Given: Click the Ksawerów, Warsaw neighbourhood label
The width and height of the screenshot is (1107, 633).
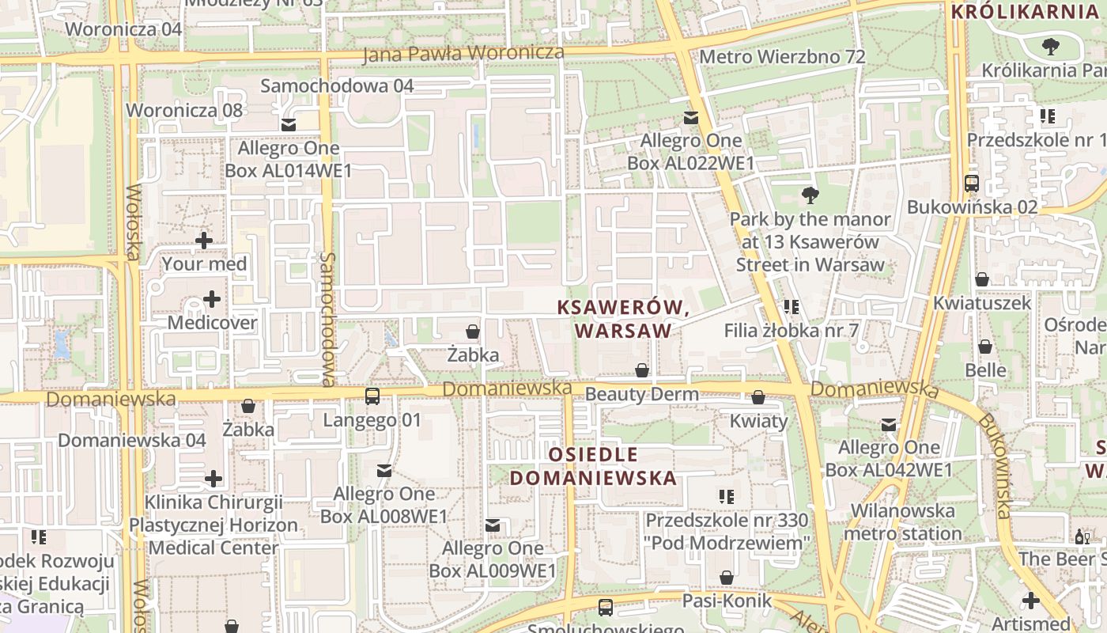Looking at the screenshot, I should click(x=622, y=319).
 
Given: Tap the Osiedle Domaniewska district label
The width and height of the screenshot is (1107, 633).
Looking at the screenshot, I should click(x=593, y=466).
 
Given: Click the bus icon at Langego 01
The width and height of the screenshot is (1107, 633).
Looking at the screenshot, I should click(x=372, y=396).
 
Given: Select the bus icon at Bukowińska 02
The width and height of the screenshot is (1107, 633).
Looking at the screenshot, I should click(x=972, y=184).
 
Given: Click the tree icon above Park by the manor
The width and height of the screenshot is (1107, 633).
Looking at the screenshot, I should click(x=810, y=195).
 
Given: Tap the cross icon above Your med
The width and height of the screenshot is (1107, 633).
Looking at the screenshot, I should click(x=204, y=240).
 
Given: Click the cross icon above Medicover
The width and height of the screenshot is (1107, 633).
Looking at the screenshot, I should click(x=212, y=299).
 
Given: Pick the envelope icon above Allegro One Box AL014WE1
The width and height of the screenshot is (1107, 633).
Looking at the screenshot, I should click(x=288, y=124).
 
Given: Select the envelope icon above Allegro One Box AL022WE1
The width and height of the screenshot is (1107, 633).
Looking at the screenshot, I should click(x=691, y=118).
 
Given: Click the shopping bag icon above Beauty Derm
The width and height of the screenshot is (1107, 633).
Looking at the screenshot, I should click(x=642, y=370).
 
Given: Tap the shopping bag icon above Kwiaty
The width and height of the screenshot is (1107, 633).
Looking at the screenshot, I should click(x=758, y=397).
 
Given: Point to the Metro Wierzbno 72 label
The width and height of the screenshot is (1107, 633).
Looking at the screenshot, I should click(x=782, y=57).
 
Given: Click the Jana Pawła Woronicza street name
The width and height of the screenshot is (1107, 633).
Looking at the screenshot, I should click(x=463, y=54).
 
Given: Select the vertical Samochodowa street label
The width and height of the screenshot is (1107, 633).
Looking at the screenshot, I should click(x=328, y=319).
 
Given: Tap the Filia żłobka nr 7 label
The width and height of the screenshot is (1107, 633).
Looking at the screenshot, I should click(x=791, y=331).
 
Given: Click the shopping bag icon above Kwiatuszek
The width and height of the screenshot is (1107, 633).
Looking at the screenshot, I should click(x=982, y=279).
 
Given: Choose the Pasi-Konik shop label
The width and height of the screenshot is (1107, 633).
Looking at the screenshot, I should click(x=727, y=601).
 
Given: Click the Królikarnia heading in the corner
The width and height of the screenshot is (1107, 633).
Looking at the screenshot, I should click(x=1024, y=12).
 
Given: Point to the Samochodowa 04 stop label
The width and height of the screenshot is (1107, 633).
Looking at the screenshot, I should click(x=337, y=85).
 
